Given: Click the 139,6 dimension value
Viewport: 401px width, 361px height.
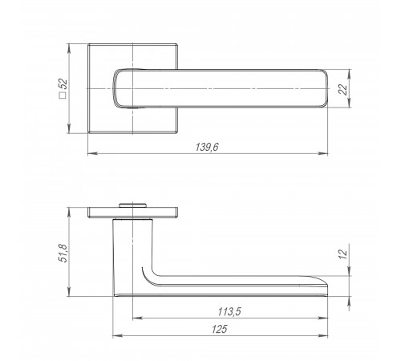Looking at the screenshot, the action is point(207,147).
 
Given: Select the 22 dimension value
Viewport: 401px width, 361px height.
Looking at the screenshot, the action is point(342,89).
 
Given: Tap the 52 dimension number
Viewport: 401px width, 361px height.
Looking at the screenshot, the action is point(63,83).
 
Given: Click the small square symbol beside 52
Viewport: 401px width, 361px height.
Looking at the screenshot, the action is point(63,95).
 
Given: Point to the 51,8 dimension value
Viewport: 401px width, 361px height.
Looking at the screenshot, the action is point(63,253).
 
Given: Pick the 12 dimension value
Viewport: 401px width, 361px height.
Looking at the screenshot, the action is point(342,254).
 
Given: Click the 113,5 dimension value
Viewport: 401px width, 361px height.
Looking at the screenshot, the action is point(229,311).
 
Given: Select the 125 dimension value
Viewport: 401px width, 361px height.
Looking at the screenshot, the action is point(220,329).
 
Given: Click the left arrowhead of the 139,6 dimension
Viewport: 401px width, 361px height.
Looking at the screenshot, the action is point(92,153).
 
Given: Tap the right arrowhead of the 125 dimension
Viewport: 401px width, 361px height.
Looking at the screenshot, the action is point(323,335).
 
